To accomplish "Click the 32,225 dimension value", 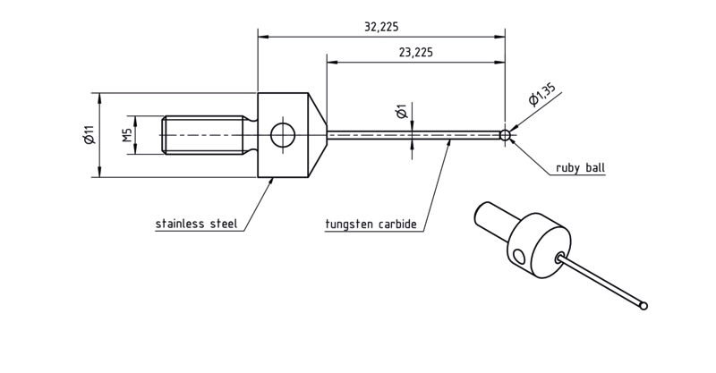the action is click(381, 27).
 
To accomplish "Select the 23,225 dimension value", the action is click(415, 53).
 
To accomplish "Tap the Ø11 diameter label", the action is click(89, 135).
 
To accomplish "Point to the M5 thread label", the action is click(127, 135).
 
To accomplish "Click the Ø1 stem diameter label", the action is click(402, 112).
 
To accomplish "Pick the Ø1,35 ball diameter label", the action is click(542, 95).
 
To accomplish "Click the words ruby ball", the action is click(580, 167).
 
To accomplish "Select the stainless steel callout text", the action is click(196, 224).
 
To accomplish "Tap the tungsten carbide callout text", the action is click(371, 225).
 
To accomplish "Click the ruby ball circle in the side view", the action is click(505, 135).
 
